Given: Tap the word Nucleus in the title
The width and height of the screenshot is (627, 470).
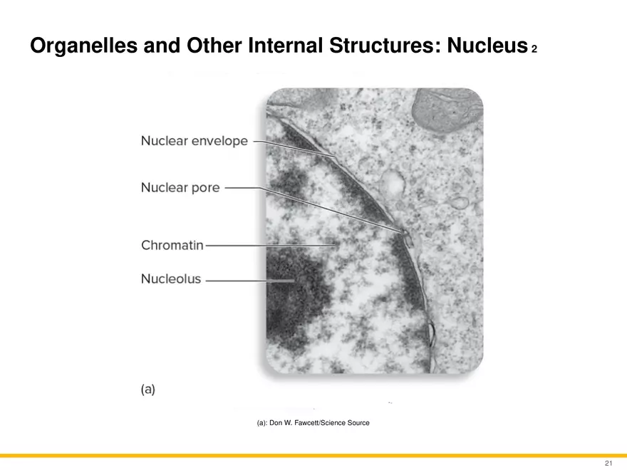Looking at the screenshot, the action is pyautogui.click(x=487, y=45).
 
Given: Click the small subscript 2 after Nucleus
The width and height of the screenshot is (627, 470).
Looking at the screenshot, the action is pyautogui.click(x=534, y=49).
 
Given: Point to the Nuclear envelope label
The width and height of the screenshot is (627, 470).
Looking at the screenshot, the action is pyautogui.click(x=195, y=141).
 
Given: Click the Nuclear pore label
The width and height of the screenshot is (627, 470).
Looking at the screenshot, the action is pyautogui.click(x=180, y=187).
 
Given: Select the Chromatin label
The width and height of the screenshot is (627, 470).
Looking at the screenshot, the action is pyautogui.click(x=172, y=245).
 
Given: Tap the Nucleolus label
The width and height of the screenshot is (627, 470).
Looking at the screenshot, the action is pyautogui.click(x=171, y=278).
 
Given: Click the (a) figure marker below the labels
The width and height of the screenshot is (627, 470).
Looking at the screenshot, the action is pyautogui.click(x=148, y=390).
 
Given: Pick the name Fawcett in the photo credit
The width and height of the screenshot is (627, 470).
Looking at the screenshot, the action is pyautogui.click(x=306, y=423).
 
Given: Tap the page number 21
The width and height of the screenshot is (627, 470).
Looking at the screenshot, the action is pyautogui.click(x=608, y=463).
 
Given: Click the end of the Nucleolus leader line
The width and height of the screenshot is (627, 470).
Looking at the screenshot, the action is pyautogui.click(x=295, y=281).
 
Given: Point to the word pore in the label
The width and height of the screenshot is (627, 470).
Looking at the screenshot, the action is pyautogui.click(x=205, y=189).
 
